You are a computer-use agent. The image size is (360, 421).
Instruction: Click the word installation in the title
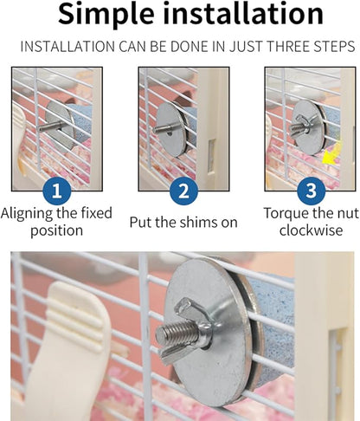(243, 14)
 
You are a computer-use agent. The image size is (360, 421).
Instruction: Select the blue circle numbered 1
(57, 191)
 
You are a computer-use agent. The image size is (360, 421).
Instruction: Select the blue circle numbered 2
(183, 191)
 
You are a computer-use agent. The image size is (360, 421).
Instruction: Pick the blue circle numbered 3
(312, 191)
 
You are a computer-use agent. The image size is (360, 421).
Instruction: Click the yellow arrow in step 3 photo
(331, 154)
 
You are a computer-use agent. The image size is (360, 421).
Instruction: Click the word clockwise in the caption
(311, 230)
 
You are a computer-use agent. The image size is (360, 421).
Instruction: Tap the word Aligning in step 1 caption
(27, 214)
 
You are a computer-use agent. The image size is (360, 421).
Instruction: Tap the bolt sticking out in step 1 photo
(51, 127)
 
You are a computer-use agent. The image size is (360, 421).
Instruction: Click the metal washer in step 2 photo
(170, 130)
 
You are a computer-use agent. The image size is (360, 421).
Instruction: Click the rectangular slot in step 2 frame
(211, 154)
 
